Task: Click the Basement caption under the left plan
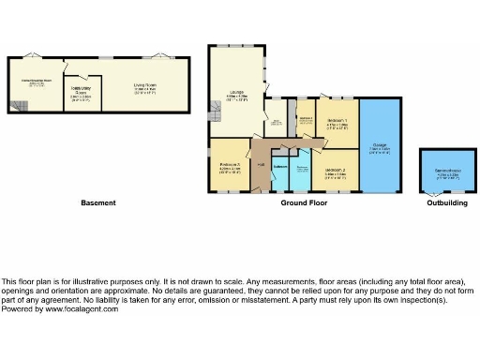(x=97, y=202)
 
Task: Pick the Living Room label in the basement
(x=144, y=85)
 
